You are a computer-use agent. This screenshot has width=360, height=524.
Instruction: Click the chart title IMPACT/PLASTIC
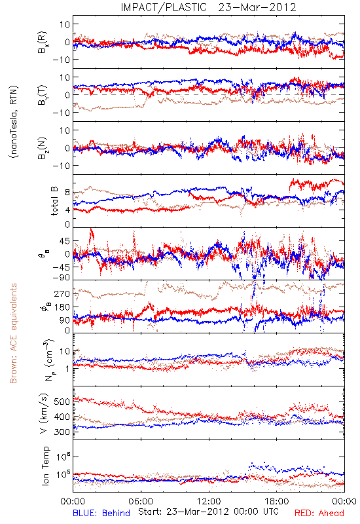[164, 7]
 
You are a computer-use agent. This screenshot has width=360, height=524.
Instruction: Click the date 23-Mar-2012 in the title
[257, 7]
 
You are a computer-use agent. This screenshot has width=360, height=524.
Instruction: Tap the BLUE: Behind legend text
[101, 513]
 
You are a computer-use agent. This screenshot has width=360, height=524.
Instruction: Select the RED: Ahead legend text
[319, 513]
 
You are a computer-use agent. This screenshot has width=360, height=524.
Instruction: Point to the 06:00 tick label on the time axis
[141, 501]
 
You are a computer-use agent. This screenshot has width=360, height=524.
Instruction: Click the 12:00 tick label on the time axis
[209, 501]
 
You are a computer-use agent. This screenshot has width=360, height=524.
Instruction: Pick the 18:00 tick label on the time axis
[277, 501]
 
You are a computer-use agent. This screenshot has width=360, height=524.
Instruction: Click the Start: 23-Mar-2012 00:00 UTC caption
[208, 512]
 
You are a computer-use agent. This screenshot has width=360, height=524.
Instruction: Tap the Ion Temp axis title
[45, 466]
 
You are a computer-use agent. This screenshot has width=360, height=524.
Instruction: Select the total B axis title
[54, 201]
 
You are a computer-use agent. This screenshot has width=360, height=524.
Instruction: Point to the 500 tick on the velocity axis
[62, 402]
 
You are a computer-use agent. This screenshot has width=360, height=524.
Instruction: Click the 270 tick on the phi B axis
[62, 293]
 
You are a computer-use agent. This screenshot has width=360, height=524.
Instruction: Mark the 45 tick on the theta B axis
[65, 241]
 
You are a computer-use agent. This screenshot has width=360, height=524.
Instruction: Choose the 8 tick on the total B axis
[67, 193]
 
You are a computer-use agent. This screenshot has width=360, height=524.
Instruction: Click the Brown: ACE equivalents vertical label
[13, 333]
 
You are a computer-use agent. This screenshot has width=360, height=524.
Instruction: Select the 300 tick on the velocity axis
[62, 432]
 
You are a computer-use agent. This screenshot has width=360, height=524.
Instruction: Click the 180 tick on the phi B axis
[62, 307]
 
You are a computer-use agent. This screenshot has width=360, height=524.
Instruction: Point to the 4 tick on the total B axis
[67, 210]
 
